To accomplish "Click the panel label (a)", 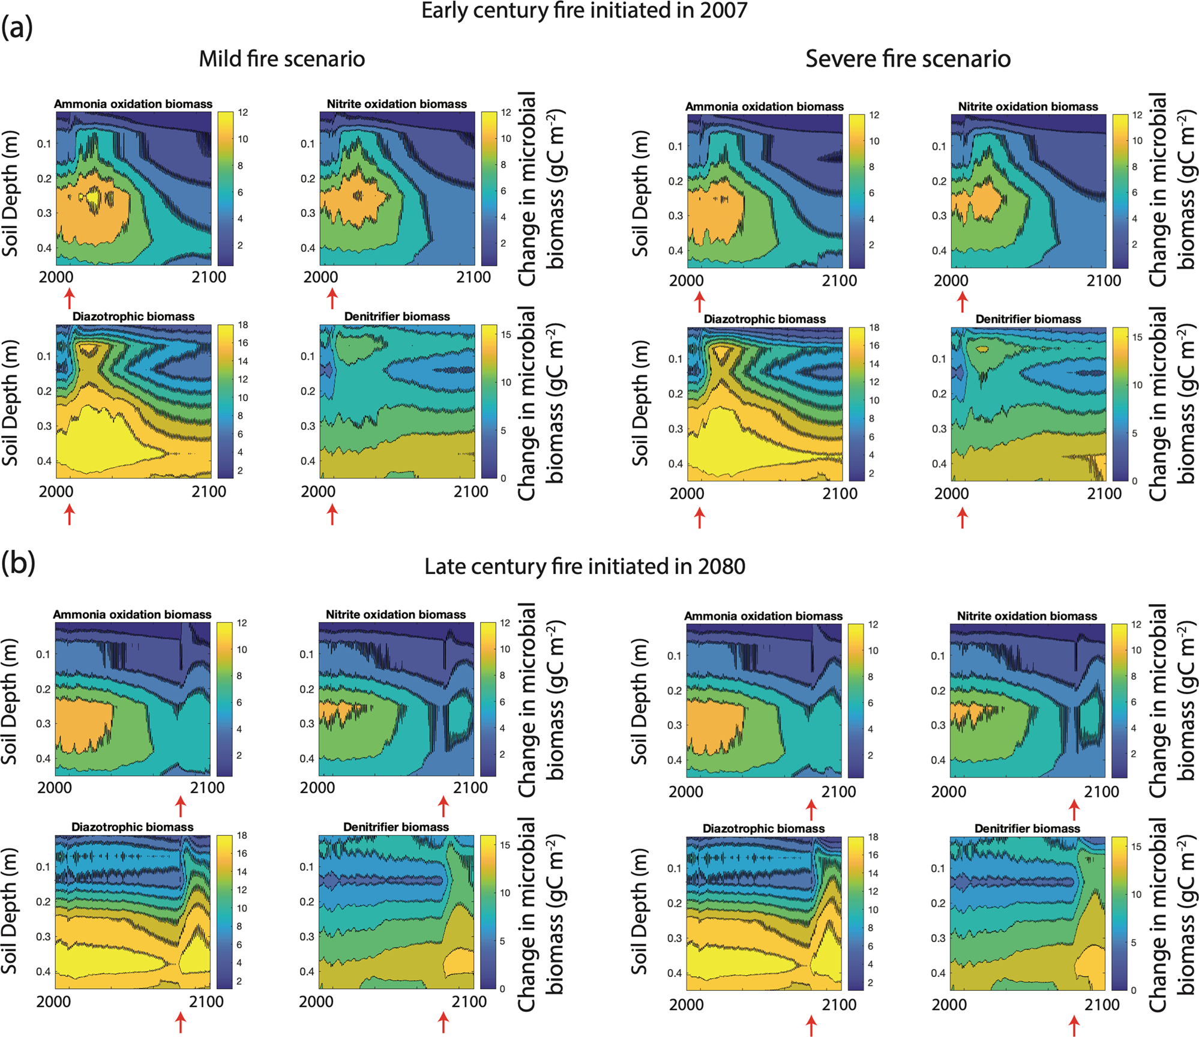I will (17, 27).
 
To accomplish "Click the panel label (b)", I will (18, 563).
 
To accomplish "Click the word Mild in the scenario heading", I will (220, 59).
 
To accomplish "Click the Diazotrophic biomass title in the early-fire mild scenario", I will (133, 316).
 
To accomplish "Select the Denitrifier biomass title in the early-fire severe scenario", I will (1028, 319).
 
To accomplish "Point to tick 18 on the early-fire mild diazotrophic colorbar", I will (243, 325).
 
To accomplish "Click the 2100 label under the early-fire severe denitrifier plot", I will (1104, 494).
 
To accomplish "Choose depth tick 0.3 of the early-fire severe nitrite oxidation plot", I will (939, 216).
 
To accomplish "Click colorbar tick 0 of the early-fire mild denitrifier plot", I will (503, 478).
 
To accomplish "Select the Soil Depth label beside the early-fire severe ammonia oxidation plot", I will (640, 193).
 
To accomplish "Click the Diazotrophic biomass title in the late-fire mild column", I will (132, 827).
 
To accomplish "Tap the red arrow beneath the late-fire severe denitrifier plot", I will (1074, 1026).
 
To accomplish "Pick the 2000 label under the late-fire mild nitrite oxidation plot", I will (317, 787).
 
